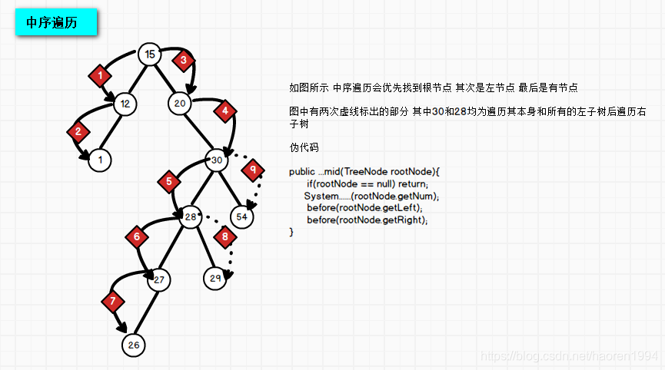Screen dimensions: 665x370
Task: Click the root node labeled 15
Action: (x=151, y=55)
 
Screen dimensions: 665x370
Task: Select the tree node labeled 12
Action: (x=125, y=103)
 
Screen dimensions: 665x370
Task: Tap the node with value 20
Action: (x=180, y=103)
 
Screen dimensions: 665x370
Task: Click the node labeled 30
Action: (x=218, y=161)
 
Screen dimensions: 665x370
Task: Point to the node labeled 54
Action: (x=241, y=217)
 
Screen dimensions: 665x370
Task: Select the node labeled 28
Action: (x=191, y=218)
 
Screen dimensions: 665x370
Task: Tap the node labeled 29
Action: (x=215, y=278)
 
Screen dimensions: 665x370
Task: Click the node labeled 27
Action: (x=159, y=280)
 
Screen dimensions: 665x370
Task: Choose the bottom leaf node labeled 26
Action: (x=134, y=345)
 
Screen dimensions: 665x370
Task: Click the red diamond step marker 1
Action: (x=100, y=75)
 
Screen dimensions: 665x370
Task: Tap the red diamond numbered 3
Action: (x=183, y=59)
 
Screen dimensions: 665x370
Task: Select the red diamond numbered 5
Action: (x=168, y=182)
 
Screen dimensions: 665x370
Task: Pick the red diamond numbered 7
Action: (x=113, y=299)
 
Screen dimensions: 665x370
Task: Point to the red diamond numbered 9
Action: (x=252, y=169)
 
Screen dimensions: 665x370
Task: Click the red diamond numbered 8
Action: (x=224, y=237)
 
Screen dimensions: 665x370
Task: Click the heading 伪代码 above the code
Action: (x=304, y=147)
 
